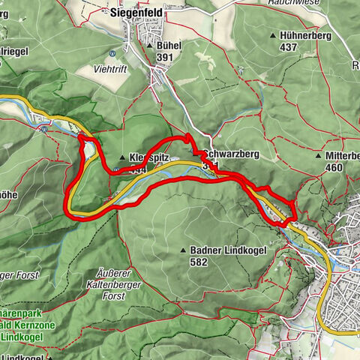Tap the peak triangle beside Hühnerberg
tap(272, 36)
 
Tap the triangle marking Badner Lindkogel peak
tap(183, 250)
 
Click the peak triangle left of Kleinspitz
tap(122, 158)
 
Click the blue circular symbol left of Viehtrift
tap(112, 53)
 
